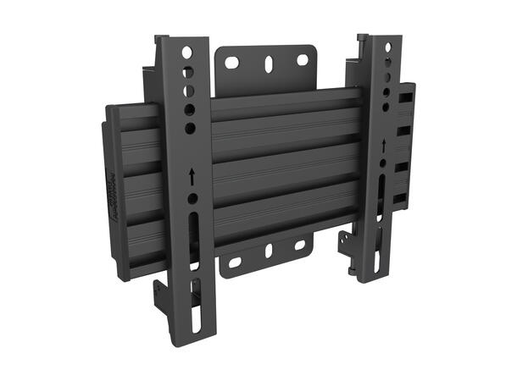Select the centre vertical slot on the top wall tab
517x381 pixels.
(x=268, y=63)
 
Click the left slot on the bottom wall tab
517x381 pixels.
(x=235, y=261)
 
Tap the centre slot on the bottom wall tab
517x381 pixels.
(x=268, y=252)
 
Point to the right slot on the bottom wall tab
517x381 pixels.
(x=298, y=246)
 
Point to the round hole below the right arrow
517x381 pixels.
(x=383, y=162)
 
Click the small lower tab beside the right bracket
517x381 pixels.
(x=346, y=250)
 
